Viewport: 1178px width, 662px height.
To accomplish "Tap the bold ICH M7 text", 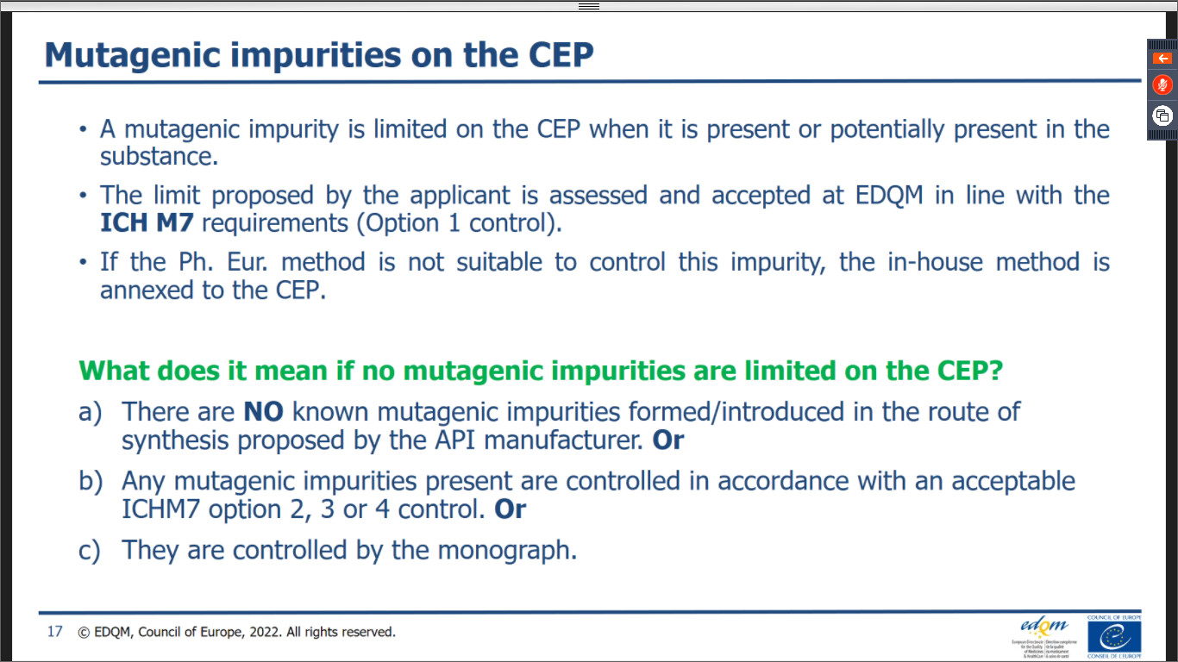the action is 147,223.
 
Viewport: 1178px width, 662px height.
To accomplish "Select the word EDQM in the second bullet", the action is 889,196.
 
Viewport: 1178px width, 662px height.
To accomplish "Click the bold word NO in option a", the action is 264,412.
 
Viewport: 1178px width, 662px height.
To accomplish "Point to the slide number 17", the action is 54,632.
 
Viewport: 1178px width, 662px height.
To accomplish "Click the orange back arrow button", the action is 1162,59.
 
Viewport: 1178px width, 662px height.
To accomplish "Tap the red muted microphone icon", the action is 1162,84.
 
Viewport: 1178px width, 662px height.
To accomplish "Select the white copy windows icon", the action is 1162,116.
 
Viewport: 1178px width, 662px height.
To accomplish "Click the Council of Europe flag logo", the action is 1114,637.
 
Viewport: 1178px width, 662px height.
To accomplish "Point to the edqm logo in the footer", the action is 1044,637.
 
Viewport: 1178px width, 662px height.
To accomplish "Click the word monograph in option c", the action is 507,551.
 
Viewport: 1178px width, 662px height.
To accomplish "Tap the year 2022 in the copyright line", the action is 264,632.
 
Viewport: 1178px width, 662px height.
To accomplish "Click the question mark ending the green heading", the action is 995,372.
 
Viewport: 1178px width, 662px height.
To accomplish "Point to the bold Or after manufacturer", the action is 667,440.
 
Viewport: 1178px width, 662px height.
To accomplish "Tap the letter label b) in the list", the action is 91,482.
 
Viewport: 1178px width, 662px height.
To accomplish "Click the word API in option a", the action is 454,440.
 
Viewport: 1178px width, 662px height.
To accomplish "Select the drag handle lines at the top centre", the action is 589,6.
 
